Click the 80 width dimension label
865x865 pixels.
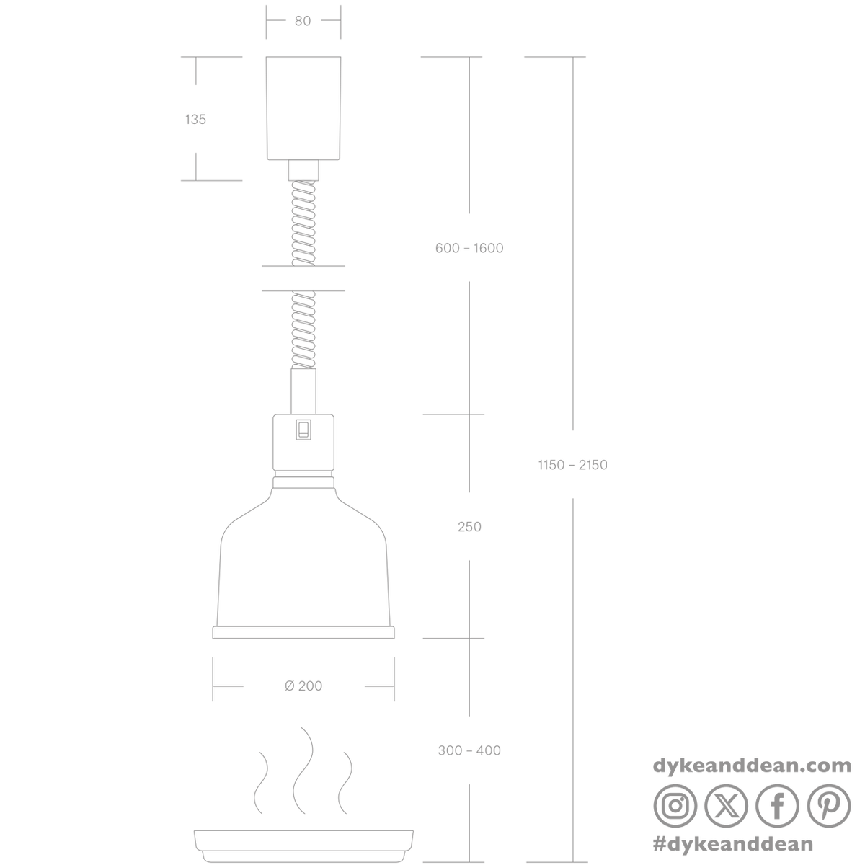(303, 21)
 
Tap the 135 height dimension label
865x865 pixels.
(195, 120)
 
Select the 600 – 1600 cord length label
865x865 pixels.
(469, 248)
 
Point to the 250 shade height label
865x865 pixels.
(469, 526)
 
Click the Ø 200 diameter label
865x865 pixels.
(303, 686)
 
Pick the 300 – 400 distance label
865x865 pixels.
(469, 750)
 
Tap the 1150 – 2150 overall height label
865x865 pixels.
(573, 465)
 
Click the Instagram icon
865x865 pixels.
(675, 806)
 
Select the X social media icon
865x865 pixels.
(727, 806)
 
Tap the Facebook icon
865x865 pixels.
(778, 806)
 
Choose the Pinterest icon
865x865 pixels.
(829, 806)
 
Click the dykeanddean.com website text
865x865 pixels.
(752, 765)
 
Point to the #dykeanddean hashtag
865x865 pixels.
(732, 844)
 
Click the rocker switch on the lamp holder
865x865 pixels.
(303, 430)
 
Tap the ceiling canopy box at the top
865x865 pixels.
(303, 108)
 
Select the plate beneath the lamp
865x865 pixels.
(303, 846)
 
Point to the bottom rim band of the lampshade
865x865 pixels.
(303, 632)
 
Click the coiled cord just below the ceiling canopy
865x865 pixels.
(303, 223)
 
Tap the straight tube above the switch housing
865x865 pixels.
(303, 391)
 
